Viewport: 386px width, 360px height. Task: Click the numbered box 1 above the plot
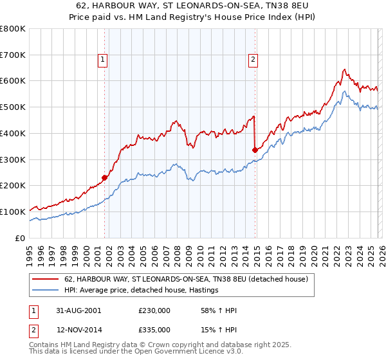coord(102,60)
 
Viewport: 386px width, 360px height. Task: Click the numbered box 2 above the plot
coord(253,60)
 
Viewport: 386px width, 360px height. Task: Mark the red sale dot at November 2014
coord(255,150)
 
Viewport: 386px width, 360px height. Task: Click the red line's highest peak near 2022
coord(345,69)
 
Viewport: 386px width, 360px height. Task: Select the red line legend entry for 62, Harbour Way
coord(186,280)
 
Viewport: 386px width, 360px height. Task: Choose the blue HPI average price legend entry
coord(141,291)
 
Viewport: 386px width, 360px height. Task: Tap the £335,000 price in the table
coord(154,329)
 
